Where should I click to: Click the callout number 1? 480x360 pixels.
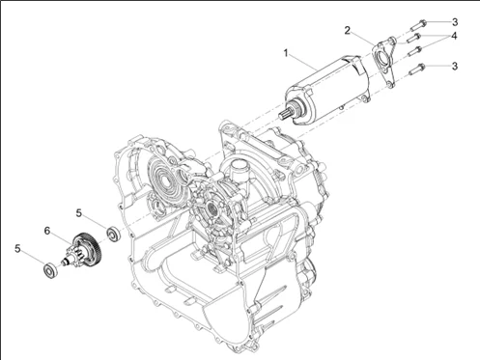pyautogui.click(x=286, y=52)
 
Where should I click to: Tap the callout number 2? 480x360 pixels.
pyautogui.click(x=347, y=31)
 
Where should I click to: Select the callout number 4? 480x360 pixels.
pyautogui.click(x=454, y=36)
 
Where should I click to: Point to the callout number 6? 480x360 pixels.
pyautogui.click(x=47, y=231)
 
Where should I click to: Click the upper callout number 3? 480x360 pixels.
pyautogui.click(x=454, y=22)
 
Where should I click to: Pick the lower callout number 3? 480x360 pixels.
pyautogui.click(x=454, y=66)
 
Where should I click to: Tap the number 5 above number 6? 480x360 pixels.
pyautogui.click(x=79, y=213)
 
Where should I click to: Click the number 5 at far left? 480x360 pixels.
pyautogui.click(x=17, y=248)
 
